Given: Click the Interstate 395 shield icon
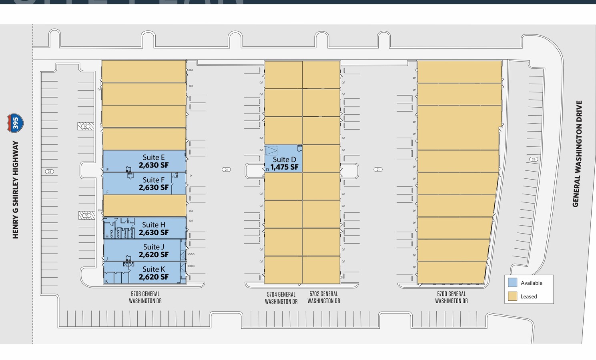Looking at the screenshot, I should (x=15, y=123).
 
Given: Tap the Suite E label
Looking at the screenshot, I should (x=154, y=158).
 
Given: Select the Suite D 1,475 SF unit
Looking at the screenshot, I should (x=283, y=159).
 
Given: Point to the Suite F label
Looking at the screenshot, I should (x=154, y=180).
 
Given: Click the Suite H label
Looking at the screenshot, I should (x=154, y=225).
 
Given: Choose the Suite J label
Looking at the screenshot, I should (x=154, y=247).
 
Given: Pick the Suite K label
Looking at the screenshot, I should (x=154, y=269).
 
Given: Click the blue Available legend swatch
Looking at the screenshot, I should (x=512, y=282).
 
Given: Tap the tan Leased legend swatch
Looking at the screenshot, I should (x=512, y=296).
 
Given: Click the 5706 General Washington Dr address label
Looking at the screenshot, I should (x=145, y=297).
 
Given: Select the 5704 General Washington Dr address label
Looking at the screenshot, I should (x=281, y=298).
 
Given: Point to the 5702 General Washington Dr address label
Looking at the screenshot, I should (x=323, y=297).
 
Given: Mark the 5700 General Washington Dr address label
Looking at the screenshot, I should (x=451, y=297).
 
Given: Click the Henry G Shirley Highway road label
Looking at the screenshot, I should (x=16, y=190).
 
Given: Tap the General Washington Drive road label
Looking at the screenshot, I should (x=577, y=154).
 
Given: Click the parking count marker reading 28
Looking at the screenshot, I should (x=49, y=172).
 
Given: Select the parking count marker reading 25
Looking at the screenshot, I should (x=533, y=159).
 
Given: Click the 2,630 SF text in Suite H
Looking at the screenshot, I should (x=154, y=233).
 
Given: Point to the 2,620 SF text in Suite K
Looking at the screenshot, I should (x=154, y=277).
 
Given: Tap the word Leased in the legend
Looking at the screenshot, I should (x=529, y=296).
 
